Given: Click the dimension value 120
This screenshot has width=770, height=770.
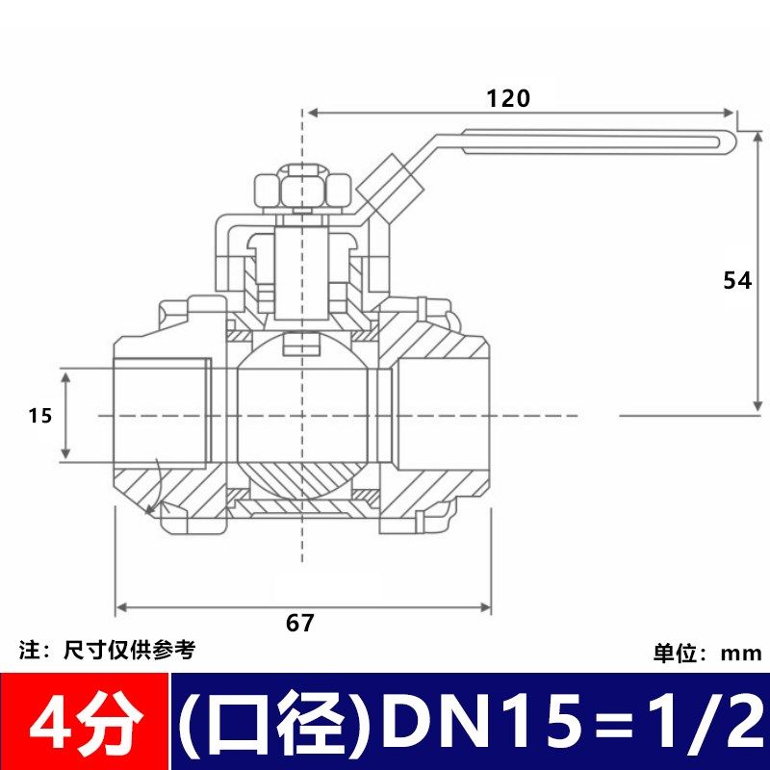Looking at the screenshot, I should (508, 97).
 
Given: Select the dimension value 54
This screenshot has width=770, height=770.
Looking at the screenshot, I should (737, 280).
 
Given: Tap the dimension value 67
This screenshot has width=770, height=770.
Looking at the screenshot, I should (300, 623).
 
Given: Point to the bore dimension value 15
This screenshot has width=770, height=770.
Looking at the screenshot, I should (39, 416).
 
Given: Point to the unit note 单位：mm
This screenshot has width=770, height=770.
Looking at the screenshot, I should (707, 654).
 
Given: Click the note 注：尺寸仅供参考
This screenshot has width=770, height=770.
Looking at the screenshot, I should (108, 651).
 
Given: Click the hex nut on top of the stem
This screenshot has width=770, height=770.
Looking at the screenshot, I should (302, 189).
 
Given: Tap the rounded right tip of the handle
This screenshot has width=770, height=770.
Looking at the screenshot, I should (731, 141).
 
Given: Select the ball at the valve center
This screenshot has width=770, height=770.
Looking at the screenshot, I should (302, 415).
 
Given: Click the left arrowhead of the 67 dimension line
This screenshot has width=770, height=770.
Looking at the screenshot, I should (119, 608).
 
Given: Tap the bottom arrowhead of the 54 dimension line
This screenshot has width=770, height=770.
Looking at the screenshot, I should (758, 407).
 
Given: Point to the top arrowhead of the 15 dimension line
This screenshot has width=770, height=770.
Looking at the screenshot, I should (66, 374).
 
